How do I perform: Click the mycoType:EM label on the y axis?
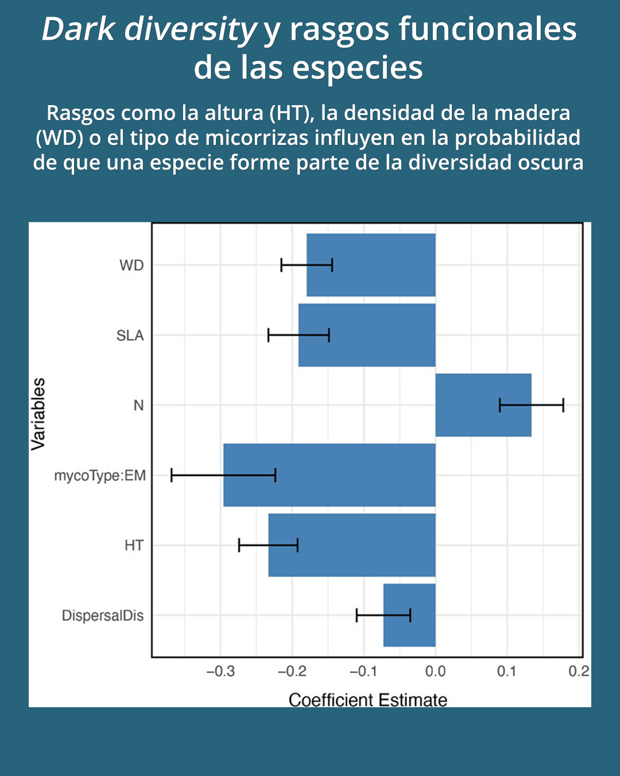click(x=100, y=476)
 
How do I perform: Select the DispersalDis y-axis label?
click(x=103, y=616)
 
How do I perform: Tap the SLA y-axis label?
click(x=130, y=336)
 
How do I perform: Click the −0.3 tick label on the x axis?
click(x=220, y=671)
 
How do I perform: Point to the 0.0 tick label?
click(x=435, y=671)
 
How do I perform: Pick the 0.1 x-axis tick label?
click(x=506, y=671)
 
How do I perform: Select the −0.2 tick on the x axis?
click(x=292, y=671)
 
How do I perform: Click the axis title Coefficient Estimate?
click(x=367, y=700)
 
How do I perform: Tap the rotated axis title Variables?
click(x=38, y=414)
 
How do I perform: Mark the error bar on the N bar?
click(x=531, y=405)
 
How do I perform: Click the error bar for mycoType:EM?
click(x=223, y=475)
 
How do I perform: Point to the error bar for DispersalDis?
click(x=383, y=615)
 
